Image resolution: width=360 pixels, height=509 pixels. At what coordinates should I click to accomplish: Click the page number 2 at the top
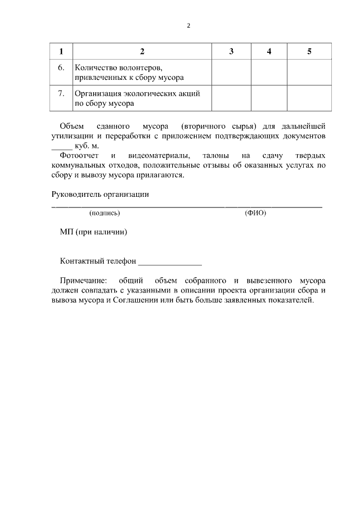(x=188, y=26)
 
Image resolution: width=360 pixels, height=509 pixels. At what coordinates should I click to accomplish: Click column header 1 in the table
(x=61, y=52)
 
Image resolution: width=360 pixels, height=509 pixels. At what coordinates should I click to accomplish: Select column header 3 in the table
(x=231, y=52)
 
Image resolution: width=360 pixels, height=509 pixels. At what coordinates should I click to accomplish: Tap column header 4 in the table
(x=269, y=52)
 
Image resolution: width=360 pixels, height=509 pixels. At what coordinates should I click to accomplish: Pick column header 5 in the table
(x=309, y=52)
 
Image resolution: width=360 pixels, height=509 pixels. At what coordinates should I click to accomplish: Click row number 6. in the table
(x=61, y=67)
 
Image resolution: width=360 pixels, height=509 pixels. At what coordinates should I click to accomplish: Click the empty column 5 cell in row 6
(x=309, y=72)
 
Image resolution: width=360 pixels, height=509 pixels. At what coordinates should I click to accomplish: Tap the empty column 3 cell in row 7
(x=231, y=98)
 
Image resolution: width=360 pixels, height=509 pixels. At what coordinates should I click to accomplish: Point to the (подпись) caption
(x=105, y=213)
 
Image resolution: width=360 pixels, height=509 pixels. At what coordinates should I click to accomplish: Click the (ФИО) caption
(x=255, y=213)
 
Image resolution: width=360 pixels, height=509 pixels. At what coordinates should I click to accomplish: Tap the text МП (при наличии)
(x=93, y=232)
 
